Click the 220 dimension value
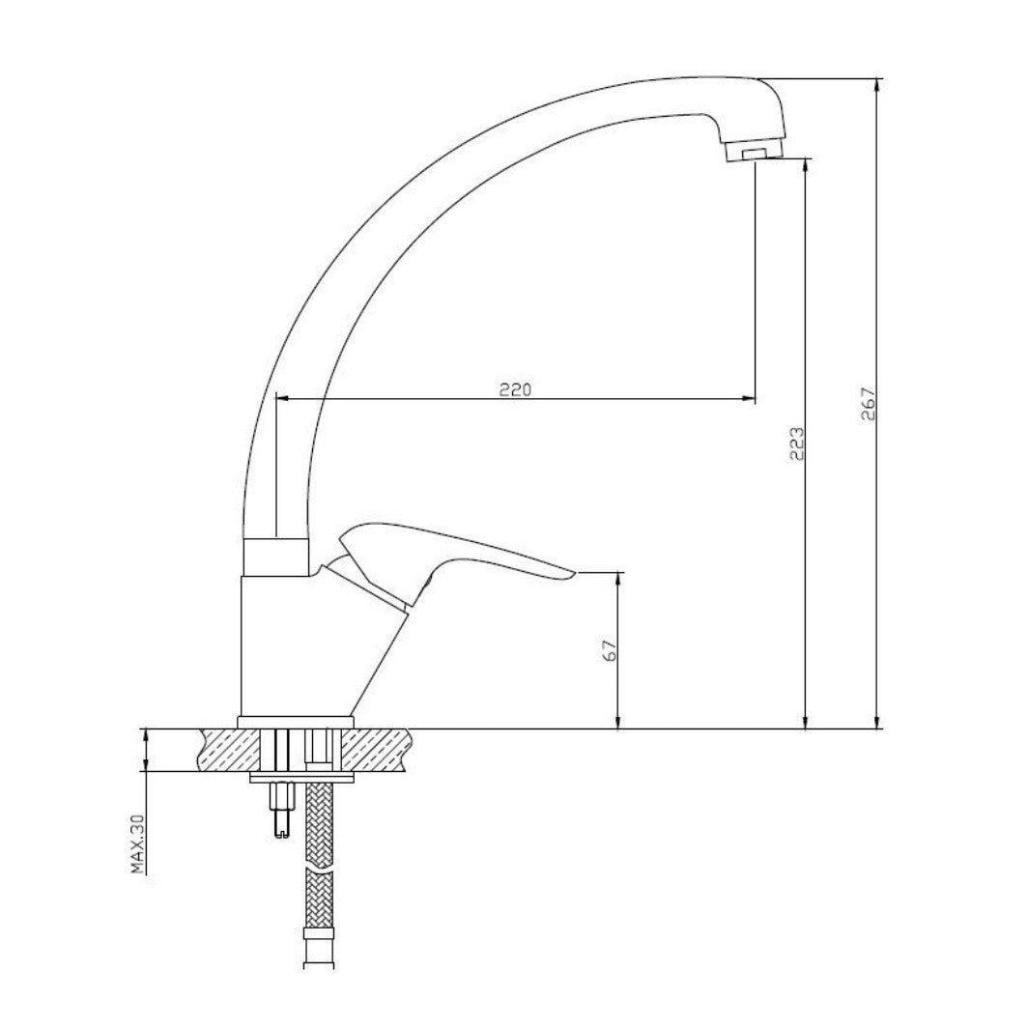point(515,389)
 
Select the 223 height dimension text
point(796,443)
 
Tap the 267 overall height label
point(869,405)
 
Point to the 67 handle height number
point(610,650)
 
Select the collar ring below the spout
point(275,557)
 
